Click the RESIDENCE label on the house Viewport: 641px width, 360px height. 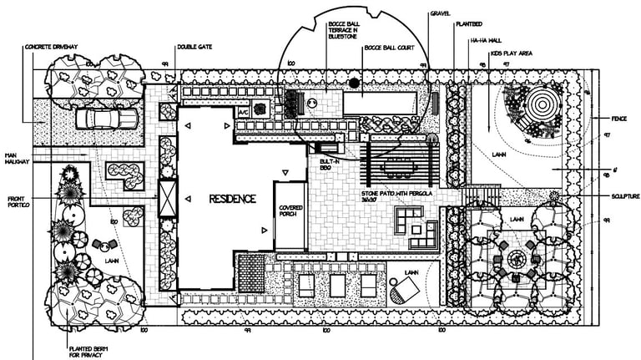coord(221,199)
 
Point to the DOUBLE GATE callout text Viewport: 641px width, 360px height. coord(193,47)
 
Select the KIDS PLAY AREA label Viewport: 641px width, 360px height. coord(512,53)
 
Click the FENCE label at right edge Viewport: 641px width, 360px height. coord(619,118)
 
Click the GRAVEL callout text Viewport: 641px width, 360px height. coord(440,14)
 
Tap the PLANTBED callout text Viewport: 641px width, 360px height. coord(467,26)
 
